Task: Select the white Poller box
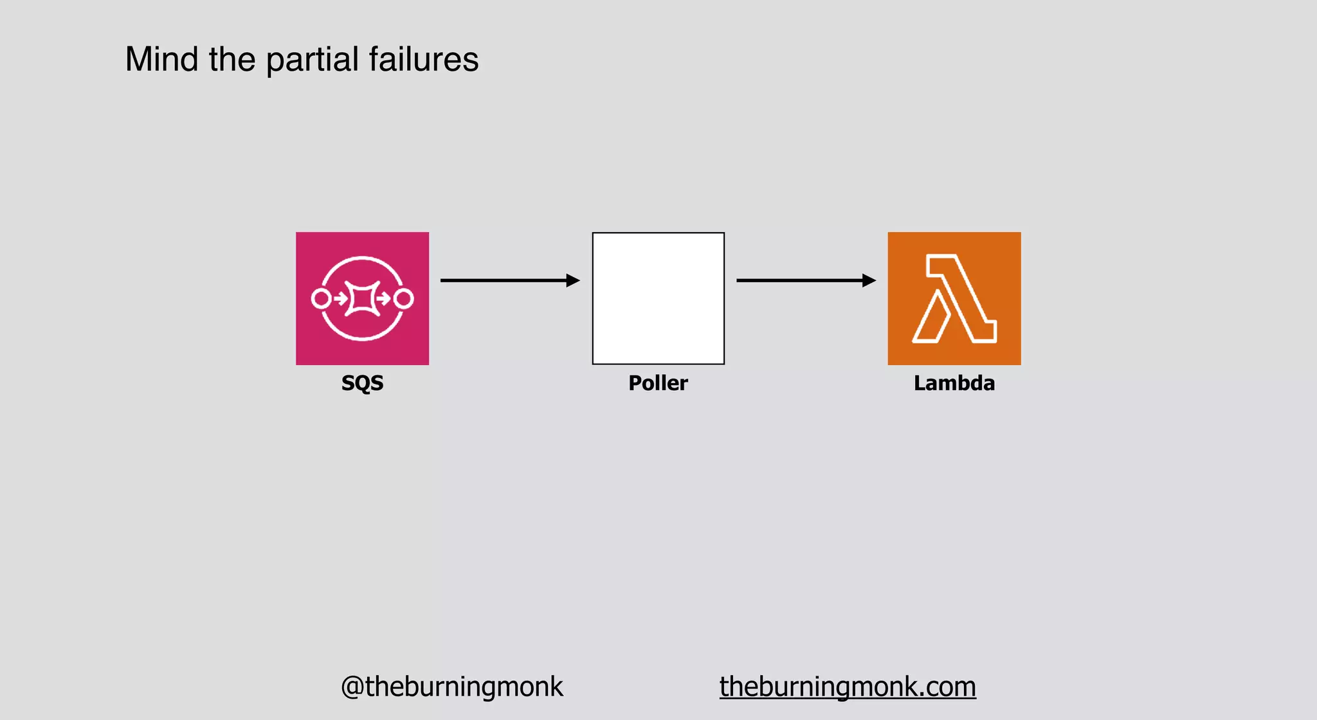pos(658,298)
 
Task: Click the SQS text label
pos(362,383)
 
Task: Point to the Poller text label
pos(658,383)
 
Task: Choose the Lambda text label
pos(954,383)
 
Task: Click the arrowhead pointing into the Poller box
pos(573,280)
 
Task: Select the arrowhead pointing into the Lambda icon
pos(869,280)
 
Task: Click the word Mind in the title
pos(161,59)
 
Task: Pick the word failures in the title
pos(424,59)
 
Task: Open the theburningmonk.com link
pos(848,687)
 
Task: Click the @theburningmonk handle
pos(452,687)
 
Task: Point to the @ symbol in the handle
pos(352,687)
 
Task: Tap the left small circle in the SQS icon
pos(321,298)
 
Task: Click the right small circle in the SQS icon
pos(404,298)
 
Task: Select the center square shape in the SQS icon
pos(362,298)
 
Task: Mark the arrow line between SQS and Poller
pos(502,280)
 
